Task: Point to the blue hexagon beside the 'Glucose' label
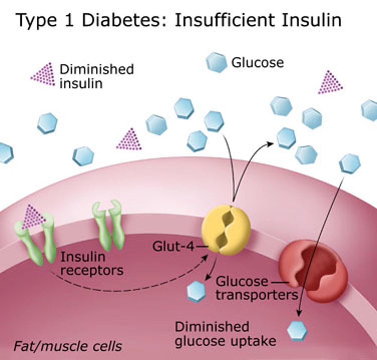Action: pyautogui.click(x=216, y=62)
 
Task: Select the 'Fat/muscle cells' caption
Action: pyautogui.click(x=68, y=346)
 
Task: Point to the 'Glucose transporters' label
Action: pyautogui.click(x=257, y=288)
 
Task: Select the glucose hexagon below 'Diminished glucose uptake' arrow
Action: pyautogui.click(x=297, y=330)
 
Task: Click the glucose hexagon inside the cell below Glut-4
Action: pyautogui.click(x=197, y=291)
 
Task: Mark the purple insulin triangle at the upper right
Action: pyautogui.click(x=330, y=83)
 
